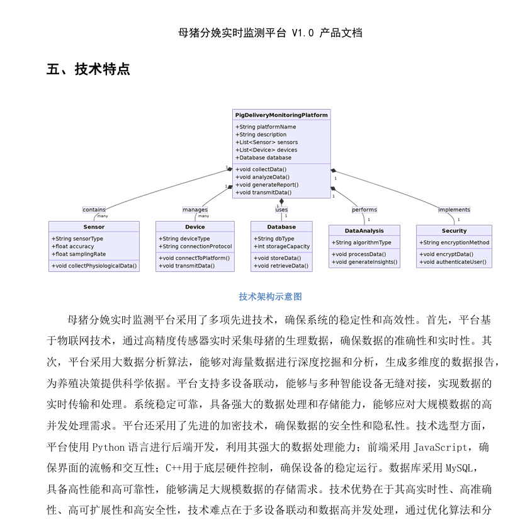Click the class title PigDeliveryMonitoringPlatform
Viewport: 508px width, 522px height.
coord(281,115)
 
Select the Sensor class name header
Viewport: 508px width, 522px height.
coord(94,227)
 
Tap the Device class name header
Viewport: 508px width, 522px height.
coord(195,227)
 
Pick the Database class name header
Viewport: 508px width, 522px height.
coord(281,227)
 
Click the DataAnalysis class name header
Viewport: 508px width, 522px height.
coord(364,230)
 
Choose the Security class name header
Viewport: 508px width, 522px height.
coord(454,230)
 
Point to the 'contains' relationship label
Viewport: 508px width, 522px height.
coord(94,210)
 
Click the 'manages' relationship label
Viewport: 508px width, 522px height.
coord(195,210)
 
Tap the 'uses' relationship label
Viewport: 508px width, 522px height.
coord(281,210)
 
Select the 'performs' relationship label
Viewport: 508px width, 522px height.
coord(364,210)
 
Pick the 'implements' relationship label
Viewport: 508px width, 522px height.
coord(454,210)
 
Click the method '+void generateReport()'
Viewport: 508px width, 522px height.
coord(267,185)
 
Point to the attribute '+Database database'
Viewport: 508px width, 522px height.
coord(263,158)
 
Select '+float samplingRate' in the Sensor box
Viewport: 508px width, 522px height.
coord(78,254)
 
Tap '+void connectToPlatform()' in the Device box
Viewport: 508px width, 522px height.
coord(194,258)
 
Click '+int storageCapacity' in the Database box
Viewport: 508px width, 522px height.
coord(281,247)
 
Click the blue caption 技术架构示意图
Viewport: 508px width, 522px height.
coord(270,297)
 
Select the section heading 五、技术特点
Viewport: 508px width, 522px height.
coord(88,69)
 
